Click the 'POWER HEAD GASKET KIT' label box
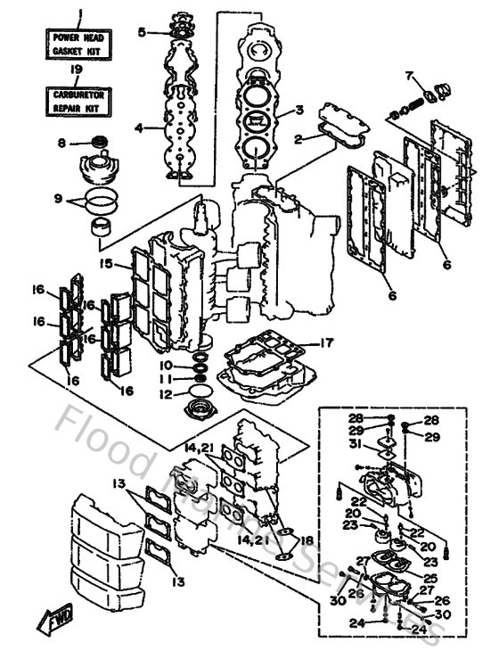click(x=76, y=44)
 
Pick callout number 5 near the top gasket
click(x=142, y=32)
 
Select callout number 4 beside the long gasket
click(x=139, y=128)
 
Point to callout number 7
click(x=409, y=74)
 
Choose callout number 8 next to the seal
click(x=61, y=143)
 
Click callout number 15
click(x=105, y=264)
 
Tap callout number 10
click(x=167, y=365)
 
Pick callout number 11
click(x=167, y=378)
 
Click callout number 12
click(x=167, y=393)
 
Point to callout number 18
click(x=307, y=540)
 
